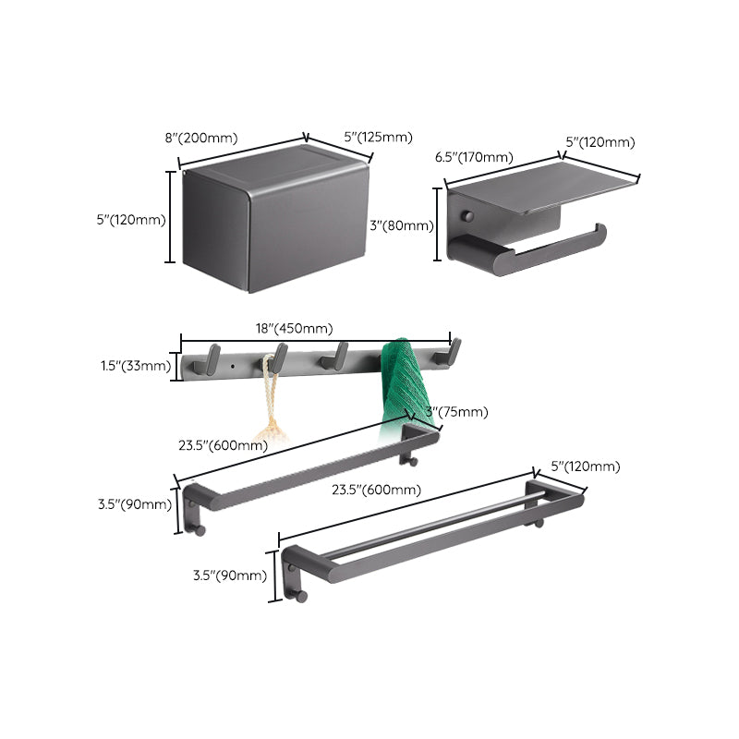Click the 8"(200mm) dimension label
(201, 139)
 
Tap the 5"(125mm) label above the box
(378, 138)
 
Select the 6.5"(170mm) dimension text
(474, 157)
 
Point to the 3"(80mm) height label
(401, 225)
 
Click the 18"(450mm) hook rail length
(294, 328)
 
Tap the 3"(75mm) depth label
(456, 412)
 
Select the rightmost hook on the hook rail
(453, 351)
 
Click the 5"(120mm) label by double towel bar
(585, 467)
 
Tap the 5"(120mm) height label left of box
(132, 220)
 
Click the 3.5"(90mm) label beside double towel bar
(229, 575)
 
